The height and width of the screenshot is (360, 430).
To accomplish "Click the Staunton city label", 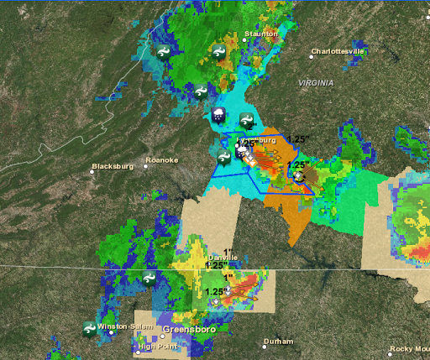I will [261, 34].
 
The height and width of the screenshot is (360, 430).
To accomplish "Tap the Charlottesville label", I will [338, 51].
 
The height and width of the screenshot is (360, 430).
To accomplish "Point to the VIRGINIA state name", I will [316, 83].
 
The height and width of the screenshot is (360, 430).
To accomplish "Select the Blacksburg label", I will [113, 166].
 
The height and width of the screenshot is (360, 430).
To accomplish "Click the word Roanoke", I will [161, 159].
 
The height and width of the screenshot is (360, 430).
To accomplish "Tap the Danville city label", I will [222, 258].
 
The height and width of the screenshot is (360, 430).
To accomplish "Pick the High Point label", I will [159, 346].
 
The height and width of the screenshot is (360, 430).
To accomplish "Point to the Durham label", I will [278, 342].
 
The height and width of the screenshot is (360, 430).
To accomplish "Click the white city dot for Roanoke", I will [146, 166].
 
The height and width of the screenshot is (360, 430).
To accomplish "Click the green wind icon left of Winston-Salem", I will [88, 329].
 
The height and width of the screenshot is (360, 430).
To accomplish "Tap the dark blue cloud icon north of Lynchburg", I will [218, 115].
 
